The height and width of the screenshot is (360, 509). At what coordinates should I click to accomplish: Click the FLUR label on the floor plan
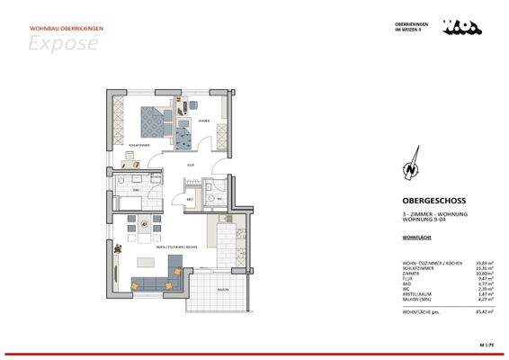[x=190, y=165]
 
